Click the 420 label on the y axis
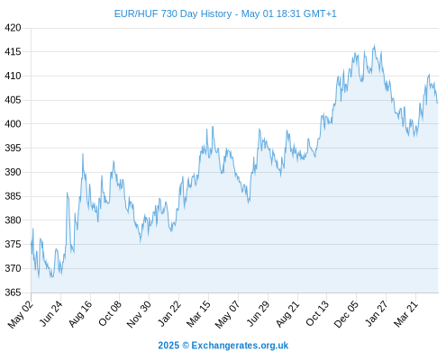click(13, 28)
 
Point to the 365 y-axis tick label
click(13, 292)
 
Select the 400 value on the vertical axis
click(13, 124)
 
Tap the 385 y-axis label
click(13, 196)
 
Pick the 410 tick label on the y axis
click(13, 76)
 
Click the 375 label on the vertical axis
click(13, 245)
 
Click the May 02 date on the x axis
click(21, 314)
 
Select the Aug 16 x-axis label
click(80, 313)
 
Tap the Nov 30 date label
click(139, 314)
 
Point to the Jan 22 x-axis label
click(169, 313)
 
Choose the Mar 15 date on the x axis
click(198, 314)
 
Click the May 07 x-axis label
click(228, 314)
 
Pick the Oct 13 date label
click(317, 313)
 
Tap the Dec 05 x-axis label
click(346, 314)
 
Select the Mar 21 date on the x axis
click(405, 314)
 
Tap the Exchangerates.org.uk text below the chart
click(240, 346)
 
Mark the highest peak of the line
click(374, 45)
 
